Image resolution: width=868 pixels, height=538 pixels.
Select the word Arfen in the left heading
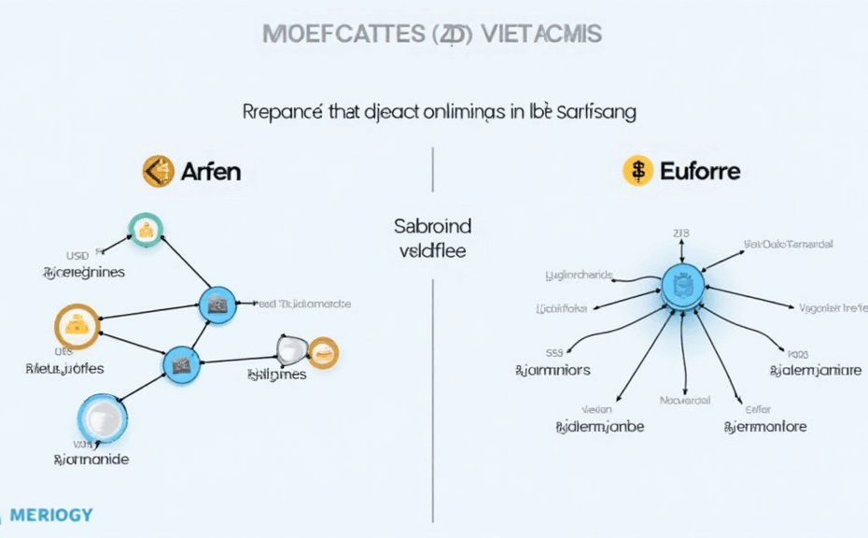pyautogui.click(x=211, y=171)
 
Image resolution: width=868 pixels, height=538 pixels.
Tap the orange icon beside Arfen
pyautogui.click(x=159, y=171)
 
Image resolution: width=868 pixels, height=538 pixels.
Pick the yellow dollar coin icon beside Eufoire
pyautogui.click(x=638, y=171)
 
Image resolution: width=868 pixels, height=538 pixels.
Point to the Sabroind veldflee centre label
pyautogui.click(x=433, y=238)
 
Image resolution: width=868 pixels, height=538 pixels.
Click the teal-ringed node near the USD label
pyautogui.click(x=146, y=230)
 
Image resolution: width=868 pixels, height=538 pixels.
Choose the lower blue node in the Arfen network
pyautogui.click(x=181, y=363)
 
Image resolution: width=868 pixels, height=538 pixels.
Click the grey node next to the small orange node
pyautogui.click(x=291, y=349)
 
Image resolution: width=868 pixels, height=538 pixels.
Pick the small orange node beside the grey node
pyautogui.click(x=323, y=352)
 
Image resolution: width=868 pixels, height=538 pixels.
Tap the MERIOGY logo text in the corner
pyautogui.click(x=52, y=515)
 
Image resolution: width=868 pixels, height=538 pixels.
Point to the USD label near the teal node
pyautogui.click(x=77, y=254)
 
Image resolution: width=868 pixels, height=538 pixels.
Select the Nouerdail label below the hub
pyautogui.click(x=685, y=401)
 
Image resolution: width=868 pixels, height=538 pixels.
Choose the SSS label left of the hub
pyautogui.click(x=553, y=354)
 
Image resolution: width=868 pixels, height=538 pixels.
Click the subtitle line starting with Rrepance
pyautogui.click(x=439, y=112)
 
